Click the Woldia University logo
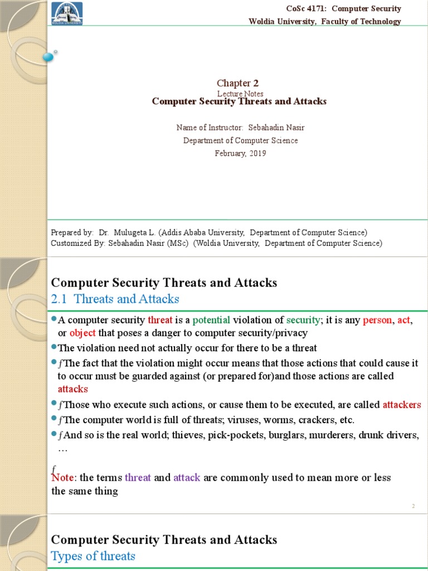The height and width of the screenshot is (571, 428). click(x=67, y=13)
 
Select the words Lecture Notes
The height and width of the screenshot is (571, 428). click(x=240, y=94)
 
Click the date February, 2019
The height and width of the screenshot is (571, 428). click(x=240, y=153)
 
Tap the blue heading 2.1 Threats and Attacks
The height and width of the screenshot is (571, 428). click(x=115, y=299)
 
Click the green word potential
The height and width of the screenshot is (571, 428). click(x=211, y=321)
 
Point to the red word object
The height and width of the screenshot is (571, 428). click(x=82, y=333)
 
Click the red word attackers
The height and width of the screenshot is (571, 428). click(x=402, y=405)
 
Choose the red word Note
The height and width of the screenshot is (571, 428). click(x=64, y=478)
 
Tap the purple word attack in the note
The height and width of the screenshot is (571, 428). click(x=187, y=478)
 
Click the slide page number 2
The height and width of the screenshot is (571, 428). click(x=414, y=506)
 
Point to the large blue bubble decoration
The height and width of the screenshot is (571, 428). click(x=48, y=56)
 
